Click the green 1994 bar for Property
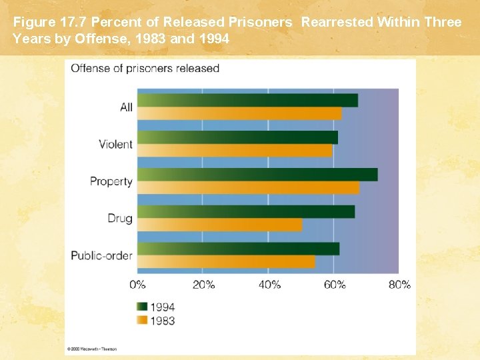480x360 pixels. tap(257, 175)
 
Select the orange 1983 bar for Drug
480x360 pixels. tap(219, 225)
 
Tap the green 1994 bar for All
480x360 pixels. tap(247, 100)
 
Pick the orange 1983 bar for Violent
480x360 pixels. tap(235, 151)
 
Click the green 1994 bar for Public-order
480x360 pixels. tap(238, 249)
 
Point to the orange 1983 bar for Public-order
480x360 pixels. tap(226, 262)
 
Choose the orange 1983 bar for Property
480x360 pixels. tap(248, 188)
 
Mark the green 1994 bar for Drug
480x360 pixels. tap(246, 212)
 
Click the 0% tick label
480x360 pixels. tap(137, 285)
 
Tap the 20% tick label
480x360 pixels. tap(203, 285)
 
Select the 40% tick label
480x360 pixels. tap(268, 285)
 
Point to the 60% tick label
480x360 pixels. tap(334, 285)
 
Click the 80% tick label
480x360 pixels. tap(399, 285)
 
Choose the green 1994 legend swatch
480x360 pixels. tap(141, 307)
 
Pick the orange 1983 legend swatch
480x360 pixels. tap(141, 321)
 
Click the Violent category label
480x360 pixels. tap(115, 144)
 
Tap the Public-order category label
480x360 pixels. tap(101, 255)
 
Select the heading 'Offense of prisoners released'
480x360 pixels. tap(145, 69)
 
